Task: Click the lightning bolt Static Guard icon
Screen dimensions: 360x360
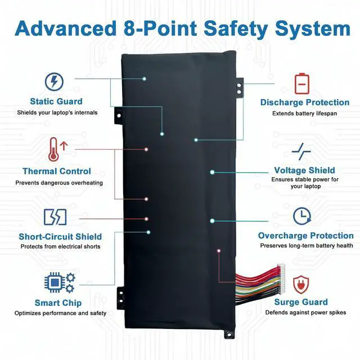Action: pyautogui.click(x=54, y=82)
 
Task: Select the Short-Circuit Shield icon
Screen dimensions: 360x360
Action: pyautogui.click(x=55, y=217)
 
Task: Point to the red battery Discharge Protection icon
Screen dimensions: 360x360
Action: pyautogui.click(x=303, y=83)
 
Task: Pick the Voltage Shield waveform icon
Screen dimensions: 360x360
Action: pyautogui.click(x=301, y=151)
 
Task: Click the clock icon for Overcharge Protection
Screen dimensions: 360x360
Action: pyautogui.click(x=303, y=217)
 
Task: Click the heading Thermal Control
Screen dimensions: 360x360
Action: pyautogui.click(x=56, y=171)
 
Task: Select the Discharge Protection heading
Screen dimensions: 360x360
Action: pyautogui.click(x=304, y=102)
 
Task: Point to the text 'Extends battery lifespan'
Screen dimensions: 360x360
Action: pyautogui.click(x=304, y=113)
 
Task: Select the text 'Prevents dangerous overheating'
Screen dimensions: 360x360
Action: pyautogui.click(x=59, y=183)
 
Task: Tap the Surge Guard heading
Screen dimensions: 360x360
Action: pyautogui.click(x=301, y=302)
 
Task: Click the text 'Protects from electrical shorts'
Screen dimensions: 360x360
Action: pyautogui.click(x=60, y=246)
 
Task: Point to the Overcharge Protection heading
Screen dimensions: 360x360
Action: pyautogui.click(x=306, y=235)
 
